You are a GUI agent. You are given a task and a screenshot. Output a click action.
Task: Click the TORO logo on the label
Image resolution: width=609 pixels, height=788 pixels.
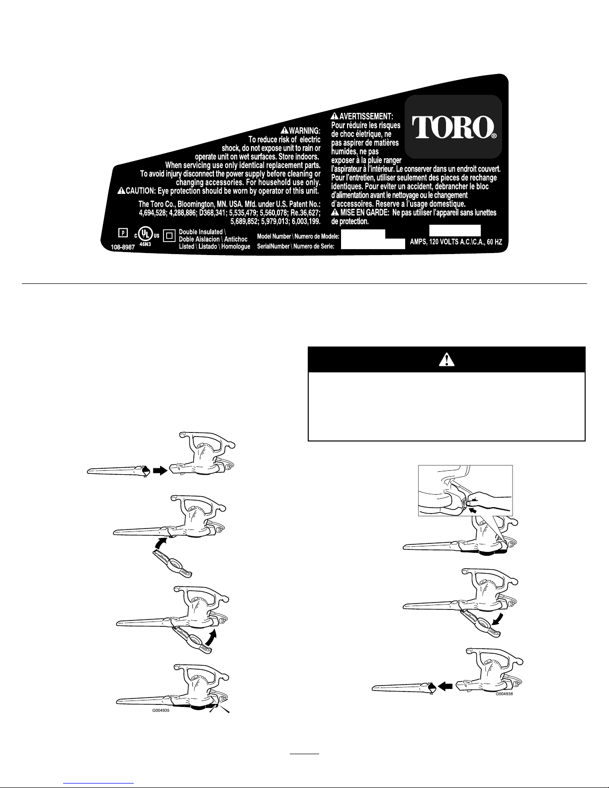[454, 127]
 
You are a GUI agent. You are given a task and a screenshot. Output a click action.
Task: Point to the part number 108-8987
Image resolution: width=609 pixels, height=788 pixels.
[122, 247]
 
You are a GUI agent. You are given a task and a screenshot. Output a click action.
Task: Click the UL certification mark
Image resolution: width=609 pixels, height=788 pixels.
[147, 235]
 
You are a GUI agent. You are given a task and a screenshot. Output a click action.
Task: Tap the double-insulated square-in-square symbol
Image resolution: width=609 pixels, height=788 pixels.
[170, 236]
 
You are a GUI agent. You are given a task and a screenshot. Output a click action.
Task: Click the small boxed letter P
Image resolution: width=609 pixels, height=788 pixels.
[123, 233]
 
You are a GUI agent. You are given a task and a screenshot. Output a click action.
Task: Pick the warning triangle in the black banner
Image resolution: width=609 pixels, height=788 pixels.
[446, 359]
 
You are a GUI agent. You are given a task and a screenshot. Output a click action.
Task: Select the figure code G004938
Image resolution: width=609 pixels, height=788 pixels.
[504, 694]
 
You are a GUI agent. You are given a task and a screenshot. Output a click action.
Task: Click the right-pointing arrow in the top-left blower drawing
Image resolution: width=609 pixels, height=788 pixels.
[160, 471]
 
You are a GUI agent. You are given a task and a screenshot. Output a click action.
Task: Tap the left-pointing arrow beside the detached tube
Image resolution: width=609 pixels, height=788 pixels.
[445, 686]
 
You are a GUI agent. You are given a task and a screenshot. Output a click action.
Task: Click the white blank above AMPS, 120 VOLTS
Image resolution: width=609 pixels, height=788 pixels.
[455, 231]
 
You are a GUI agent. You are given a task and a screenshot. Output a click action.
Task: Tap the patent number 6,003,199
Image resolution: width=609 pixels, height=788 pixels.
[306, 221]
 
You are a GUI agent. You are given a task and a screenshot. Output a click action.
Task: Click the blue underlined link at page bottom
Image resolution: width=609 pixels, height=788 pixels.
[98, 783]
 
